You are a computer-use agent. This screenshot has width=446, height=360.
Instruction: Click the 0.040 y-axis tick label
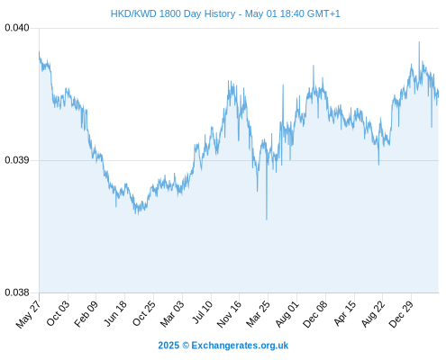click(17, 28)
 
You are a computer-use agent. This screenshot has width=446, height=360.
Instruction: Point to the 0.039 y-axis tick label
click(17, 160)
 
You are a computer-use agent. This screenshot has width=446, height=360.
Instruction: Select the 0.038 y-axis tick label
click(17, 292)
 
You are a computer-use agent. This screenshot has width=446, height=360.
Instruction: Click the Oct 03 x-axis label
click(58, 313)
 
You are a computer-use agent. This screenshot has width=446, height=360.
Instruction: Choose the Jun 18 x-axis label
click(115, 313)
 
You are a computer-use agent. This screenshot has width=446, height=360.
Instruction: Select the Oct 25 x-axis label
click(144, 313)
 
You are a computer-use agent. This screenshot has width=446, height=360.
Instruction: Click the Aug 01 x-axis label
click(287, 313)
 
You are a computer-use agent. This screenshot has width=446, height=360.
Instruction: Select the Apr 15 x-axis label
click(345, 313)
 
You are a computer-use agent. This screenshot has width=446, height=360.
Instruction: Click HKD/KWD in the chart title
click(133, 13)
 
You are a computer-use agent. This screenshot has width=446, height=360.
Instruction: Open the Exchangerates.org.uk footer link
click(240, 346)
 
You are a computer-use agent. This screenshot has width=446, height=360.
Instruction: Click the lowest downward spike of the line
click(267, 220)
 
